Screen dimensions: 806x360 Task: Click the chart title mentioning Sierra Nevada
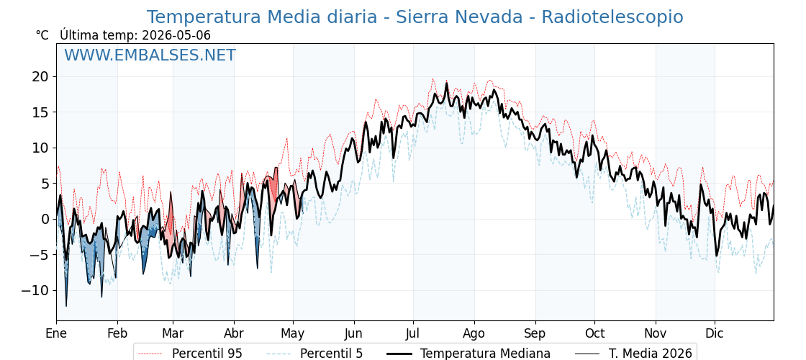415,17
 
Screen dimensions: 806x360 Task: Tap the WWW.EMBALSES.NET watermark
150,55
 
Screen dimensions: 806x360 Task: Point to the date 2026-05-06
176,35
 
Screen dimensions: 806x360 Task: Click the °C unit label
42,35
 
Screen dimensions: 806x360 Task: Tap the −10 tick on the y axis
37,291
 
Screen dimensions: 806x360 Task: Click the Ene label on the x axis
56,334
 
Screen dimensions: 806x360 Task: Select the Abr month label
234,334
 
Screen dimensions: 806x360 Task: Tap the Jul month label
413,334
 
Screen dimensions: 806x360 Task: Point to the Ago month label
474,334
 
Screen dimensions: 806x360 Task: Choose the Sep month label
535,334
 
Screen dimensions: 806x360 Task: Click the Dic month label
715,334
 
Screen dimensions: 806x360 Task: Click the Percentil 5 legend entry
315,354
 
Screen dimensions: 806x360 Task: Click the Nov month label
656,334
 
